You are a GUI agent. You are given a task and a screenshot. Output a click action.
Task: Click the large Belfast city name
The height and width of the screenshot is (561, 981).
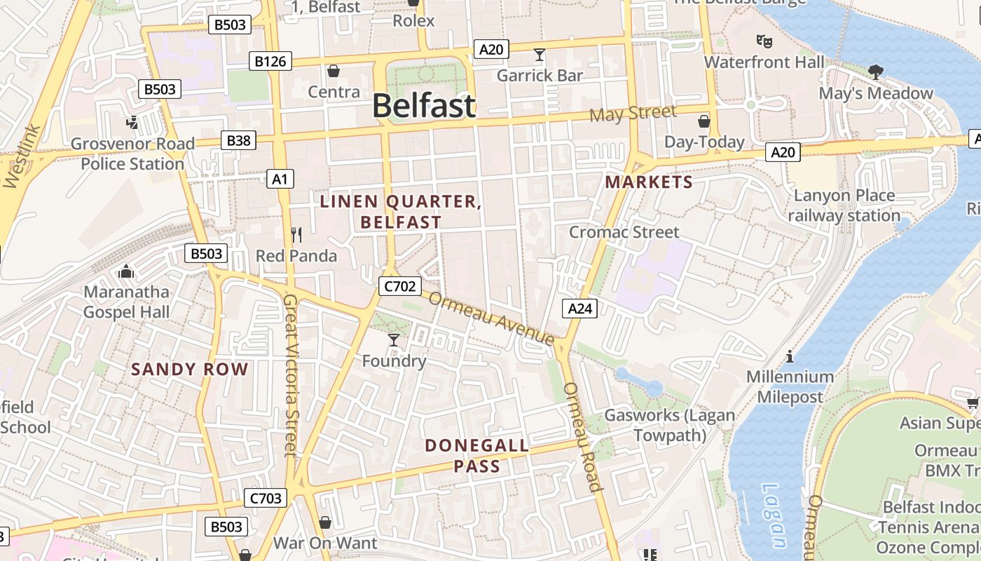tap(423, 106)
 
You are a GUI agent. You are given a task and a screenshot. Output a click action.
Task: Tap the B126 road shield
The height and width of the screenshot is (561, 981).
tap(270, 62)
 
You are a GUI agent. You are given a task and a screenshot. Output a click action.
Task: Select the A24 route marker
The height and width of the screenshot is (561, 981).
tap(579, 308)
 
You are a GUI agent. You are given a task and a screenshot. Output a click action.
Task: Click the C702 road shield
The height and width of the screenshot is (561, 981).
tap(399, 285)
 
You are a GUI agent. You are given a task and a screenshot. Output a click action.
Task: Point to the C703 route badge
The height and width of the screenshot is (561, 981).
tap(266, 499)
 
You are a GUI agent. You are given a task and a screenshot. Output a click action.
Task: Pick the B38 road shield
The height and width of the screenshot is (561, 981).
tap(238, 140)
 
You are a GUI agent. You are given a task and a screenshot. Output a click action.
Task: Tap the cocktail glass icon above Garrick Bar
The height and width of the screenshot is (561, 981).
tap(539, 55)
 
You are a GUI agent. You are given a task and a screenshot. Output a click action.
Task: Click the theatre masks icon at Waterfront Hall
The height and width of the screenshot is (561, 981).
tap(764, 41)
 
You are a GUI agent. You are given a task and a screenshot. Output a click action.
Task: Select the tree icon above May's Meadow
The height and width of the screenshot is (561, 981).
tap(875, 71)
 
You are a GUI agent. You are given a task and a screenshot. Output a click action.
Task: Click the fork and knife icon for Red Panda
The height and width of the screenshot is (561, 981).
tap(296, 234)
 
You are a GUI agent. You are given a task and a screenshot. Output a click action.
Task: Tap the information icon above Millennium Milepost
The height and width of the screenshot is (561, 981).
tap(790, 356)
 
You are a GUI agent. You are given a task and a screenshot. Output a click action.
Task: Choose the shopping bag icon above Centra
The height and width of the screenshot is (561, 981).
tap(334, 71)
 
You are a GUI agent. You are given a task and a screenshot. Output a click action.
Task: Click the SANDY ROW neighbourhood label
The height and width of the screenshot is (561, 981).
tap(190, 370)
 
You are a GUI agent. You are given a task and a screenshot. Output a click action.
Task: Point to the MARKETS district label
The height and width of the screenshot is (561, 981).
tap(649, 182)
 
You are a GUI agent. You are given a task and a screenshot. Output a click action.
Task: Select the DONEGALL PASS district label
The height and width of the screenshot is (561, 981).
tap(476, 455)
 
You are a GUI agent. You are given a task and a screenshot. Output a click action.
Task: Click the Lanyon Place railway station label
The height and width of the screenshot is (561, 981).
tap(844, 205)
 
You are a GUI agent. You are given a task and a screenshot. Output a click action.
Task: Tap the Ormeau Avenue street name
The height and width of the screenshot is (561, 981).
tap(491, 318)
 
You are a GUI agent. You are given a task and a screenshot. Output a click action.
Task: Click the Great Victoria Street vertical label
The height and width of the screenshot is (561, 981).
tap(291, 375)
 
